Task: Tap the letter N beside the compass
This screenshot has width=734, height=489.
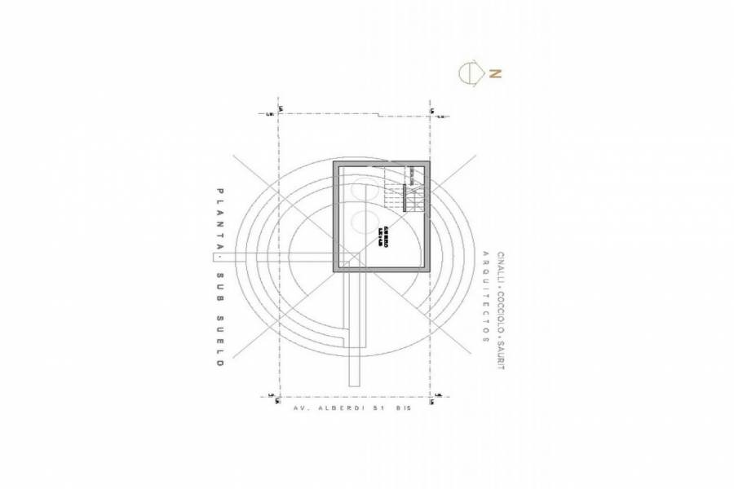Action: click(494, 73)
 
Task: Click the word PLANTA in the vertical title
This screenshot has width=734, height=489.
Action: click(219, 218)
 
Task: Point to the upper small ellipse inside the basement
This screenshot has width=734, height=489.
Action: click(359, 189)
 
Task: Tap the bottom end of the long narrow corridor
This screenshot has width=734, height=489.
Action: click(354, 381)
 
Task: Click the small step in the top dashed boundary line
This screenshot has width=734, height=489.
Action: click(378, 115)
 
